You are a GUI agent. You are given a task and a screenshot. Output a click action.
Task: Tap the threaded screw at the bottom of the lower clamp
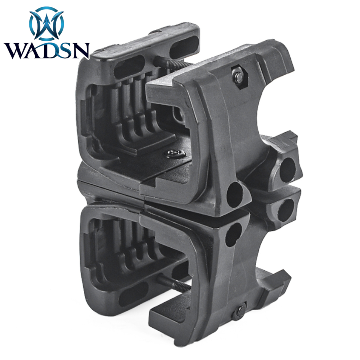point(174,283)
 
